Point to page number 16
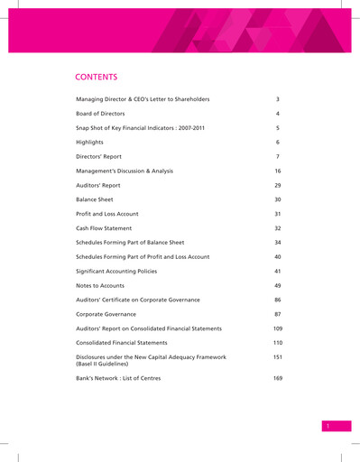pyautogui.click(x=278, y=170)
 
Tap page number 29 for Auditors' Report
pyautogui.click(x=278, y=184)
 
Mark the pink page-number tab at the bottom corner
pyautogui.click(x=331, y=425)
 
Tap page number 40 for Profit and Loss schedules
pyautogui.click(x=278, y=256)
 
